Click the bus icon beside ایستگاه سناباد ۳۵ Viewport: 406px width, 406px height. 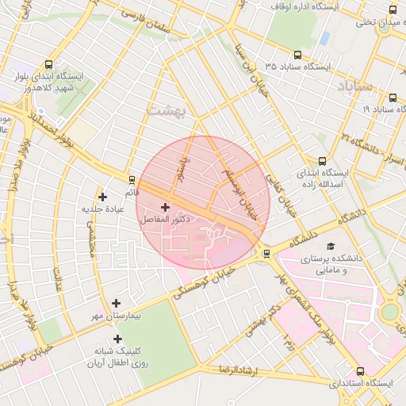coord(297,56)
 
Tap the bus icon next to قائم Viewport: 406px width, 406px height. coord(132,179)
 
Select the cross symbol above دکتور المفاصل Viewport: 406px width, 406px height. coord(165,207)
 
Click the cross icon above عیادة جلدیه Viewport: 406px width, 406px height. coord(101,197)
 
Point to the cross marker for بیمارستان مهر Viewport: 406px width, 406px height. coord(117,303)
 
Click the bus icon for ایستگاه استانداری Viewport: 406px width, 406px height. coord(361,371)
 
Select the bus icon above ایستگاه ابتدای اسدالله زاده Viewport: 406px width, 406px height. coord(321,160)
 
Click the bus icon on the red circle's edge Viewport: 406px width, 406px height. coord(266,254)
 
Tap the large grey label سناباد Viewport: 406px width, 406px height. coord(354,86)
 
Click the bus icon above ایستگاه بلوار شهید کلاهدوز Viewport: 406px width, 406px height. coord(50,65)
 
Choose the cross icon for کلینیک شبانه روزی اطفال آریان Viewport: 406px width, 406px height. coord(117,339)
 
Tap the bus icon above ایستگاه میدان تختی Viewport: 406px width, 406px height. coord(393,10)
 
